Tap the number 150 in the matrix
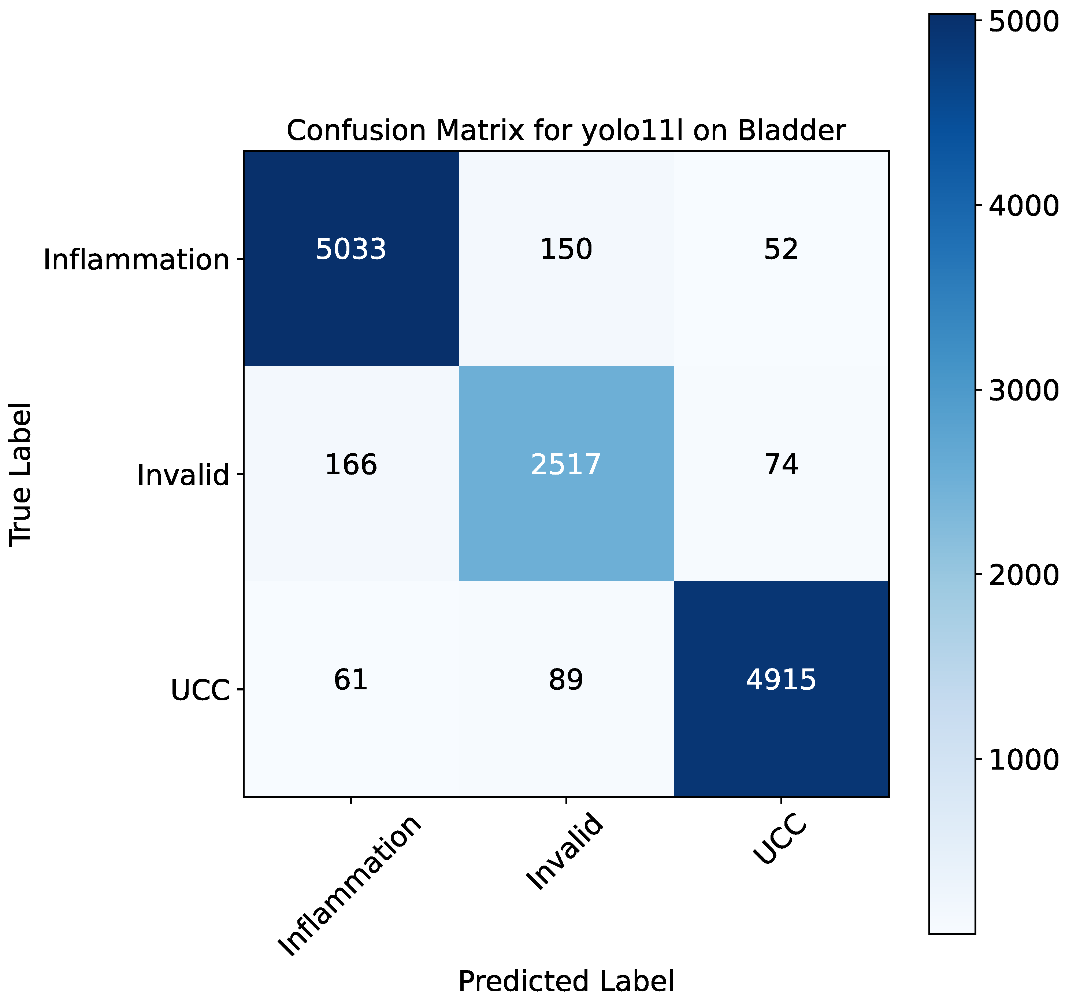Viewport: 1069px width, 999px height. [566, 250]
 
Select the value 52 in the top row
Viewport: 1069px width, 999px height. [781, 250]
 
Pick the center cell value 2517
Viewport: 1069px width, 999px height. [566, 464]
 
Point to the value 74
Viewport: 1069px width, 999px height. [781, 464]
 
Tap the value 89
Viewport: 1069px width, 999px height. [566, 679]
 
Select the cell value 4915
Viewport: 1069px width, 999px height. [781, 679]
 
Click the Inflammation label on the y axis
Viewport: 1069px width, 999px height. [137, 260]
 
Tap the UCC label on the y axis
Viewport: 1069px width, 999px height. [200, 690]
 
